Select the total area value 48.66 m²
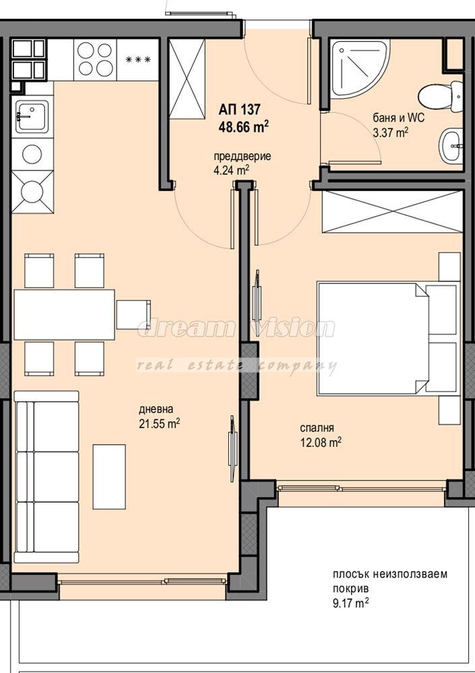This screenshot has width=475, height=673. tap(243, 125)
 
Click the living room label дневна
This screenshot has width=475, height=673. tap(156, 409)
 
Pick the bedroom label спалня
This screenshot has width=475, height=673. tap(317, 427)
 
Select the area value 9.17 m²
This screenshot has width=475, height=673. tap(350, 604)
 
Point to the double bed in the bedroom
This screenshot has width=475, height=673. tap(377, 339)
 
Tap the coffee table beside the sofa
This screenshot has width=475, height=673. tap(108, 476)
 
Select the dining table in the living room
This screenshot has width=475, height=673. tap(64, 314)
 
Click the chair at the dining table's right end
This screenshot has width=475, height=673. tap(133, 314)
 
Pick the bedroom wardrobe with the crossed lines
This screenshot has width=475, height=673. tap(393, 212)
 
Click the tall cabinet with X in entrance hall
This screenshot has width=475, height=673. tap(186, 79)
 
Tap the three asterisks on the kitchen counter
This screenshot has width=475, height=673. tap(138, 60)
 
